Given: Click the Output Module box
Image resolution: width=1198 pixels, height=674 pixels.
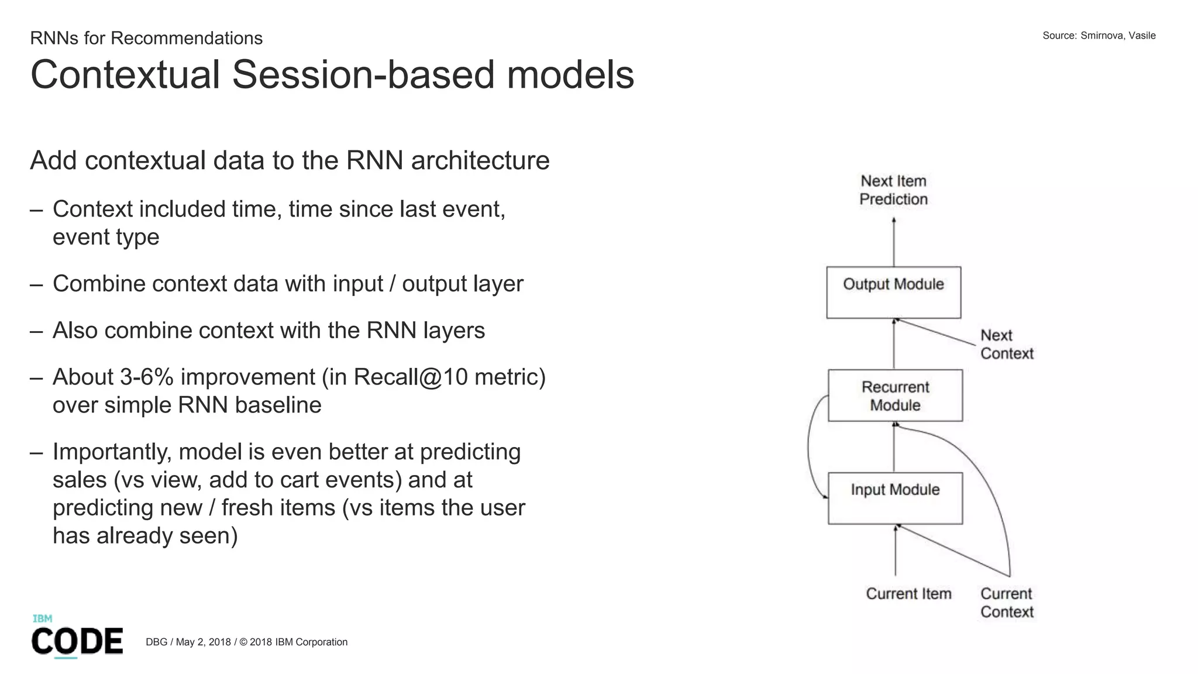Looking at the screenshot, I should click(893, 293).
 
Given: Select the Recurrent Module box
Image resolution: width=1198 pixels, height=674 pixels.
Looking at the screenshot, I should click(895, 396).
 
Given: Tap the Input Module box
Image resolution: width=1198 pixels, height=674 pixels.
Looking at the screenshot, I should click(895, 498).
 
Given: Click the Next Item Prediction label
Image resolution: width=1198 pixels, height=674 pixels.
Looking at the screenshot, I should click(893, 190).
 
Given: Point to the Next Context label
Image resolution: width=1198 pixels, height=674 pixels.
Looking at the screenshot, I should click(1006, 344).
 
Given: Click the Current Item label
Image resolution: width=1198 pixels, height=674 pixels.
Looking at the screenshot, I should click(908, 593).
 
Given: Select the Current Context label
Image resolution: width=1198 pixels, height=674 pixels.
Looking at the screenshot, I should click(1007, 603).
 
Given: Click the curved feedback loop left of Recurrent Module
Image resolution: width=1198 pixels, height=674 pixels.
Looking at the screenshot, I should click(810, 448).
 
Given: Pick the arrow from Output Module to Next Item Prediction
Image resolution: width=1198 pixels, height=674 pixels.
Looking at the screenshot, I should click(894, 243).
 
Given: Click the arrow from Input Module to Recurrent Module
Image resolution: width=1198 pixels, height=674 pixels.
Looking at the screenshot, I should click(894, 448).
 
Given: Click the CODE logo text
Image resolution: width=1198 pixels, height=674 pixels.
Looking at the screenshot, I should click(77, 641).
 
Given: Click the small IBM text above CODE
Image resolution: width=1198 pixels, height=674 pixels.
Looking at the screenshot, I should click(42, 618).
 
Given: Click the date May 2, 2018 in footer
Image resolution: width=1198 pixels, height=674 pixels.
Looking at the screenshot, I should click(203, 642).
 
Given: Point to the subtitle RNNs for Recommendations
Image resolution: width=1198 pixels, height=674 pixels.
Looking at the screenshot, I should click(146, 38).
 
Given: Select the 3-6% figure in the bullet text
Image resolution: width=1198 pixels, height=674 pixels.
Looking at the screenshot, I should click(146, 377).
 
